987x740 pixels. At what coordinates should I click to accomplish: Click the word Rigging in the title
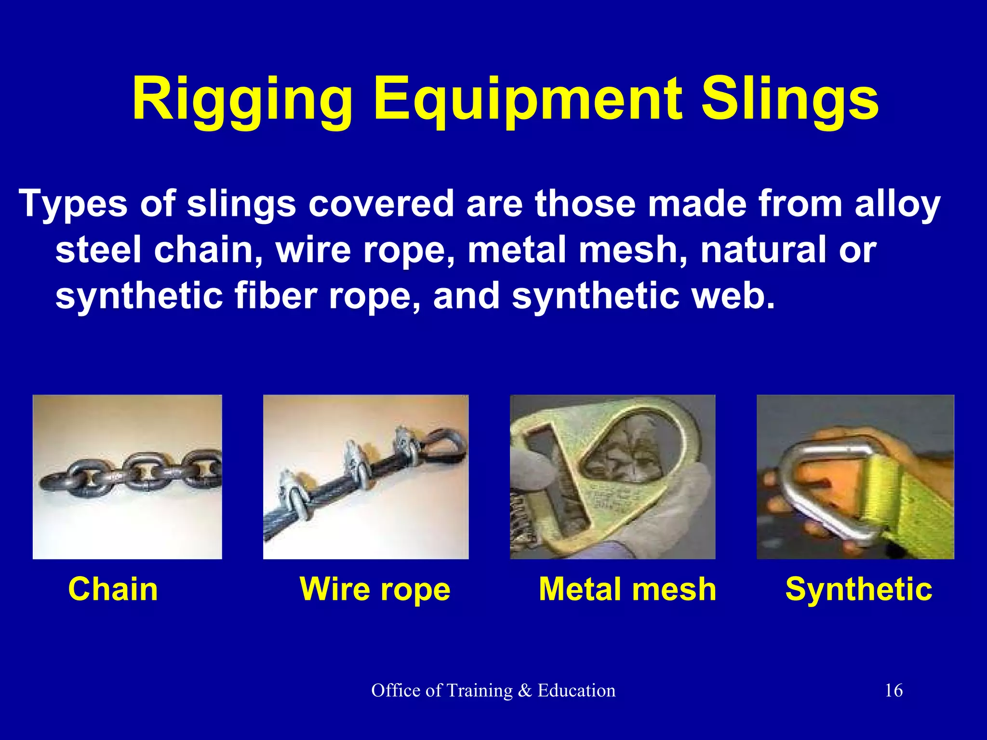tap(242, 100)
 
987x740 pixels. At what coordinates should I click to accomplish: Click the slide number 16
tap(894, 690)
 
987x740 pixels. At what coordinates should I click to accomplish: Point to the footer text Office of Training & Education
tap(493, 690)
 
